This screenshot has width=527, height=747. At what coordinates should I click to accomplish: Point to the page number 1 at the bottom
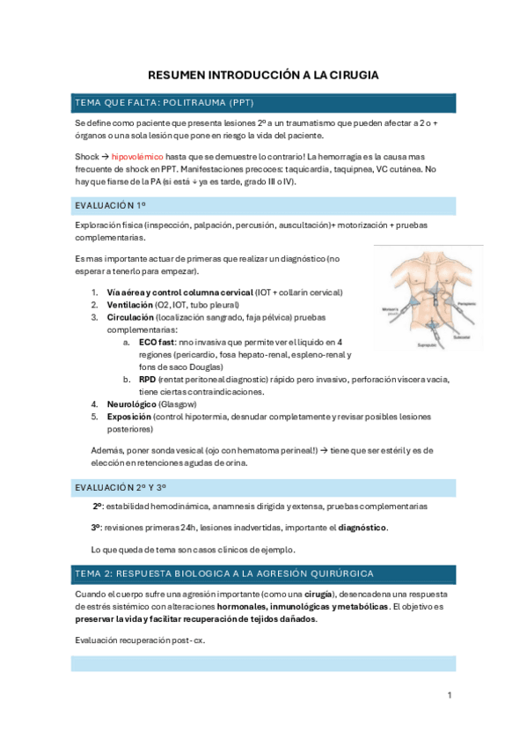coord(449,696)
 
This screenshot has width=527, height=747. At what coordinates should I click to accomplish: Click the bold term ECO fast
coord(157,342)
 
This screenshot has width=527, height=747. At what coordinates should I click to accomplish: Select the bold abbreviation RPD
coord(148,380)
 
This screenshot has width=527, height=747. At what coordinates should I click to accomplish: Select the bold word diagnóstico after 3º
coord(362,528)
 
